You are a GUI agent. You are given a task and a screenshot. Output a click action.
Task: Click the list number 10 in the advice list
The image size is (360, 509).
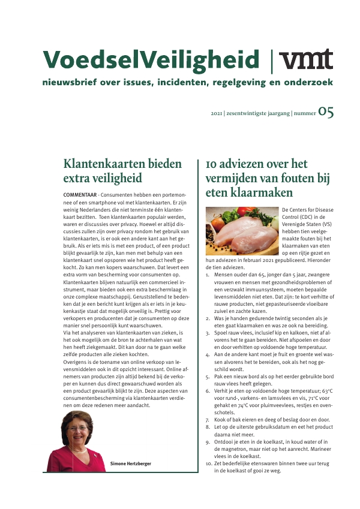(x=208, y=463)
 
